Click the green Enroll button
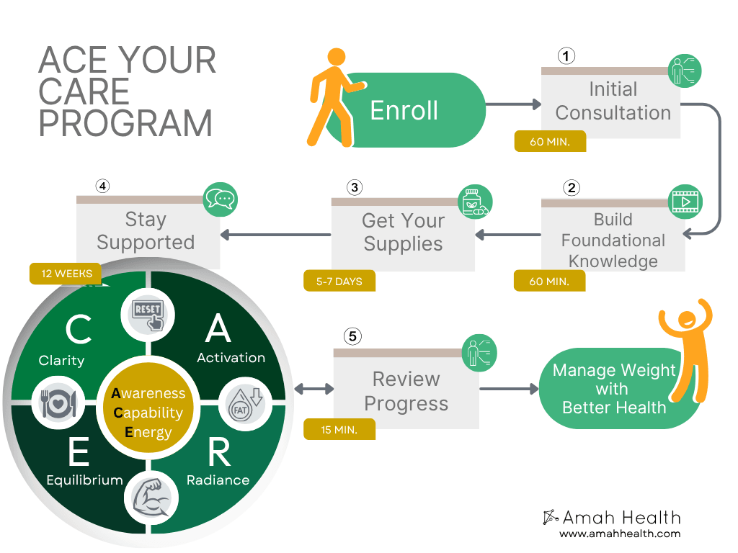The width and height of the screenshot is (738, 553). point(404,110)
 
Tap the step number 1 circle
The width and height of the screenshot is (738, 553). point(567,56)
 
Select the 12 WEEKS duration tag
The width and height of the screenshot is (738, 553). point(66,274)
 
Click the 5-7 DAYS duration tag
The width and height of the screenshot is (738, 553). point(339,281)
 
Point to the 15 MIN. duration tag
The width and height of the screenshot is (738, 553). point(339,429)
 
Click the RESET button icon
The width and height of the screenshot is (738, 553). point(146,314)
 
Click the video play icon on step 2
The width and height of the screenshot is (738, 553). point(685,202)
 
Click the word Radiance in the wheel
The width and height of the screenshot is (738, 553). point(218,480)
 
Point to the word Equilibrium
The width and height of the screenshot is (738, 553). point(84,480)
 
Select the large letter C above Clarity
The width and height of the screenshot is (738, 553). point(78,330)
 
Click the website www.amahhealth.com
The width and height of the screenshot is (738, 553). point(620,534)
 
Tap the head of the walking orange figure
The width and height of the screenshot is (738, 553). point(337,58)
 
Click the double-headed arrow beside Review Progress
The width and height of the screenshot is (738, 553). point(314,389)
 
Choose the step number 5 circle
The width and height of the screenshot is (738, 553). point(352,336)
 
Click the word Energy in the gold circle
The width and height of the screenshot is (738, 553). point(148,432)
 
